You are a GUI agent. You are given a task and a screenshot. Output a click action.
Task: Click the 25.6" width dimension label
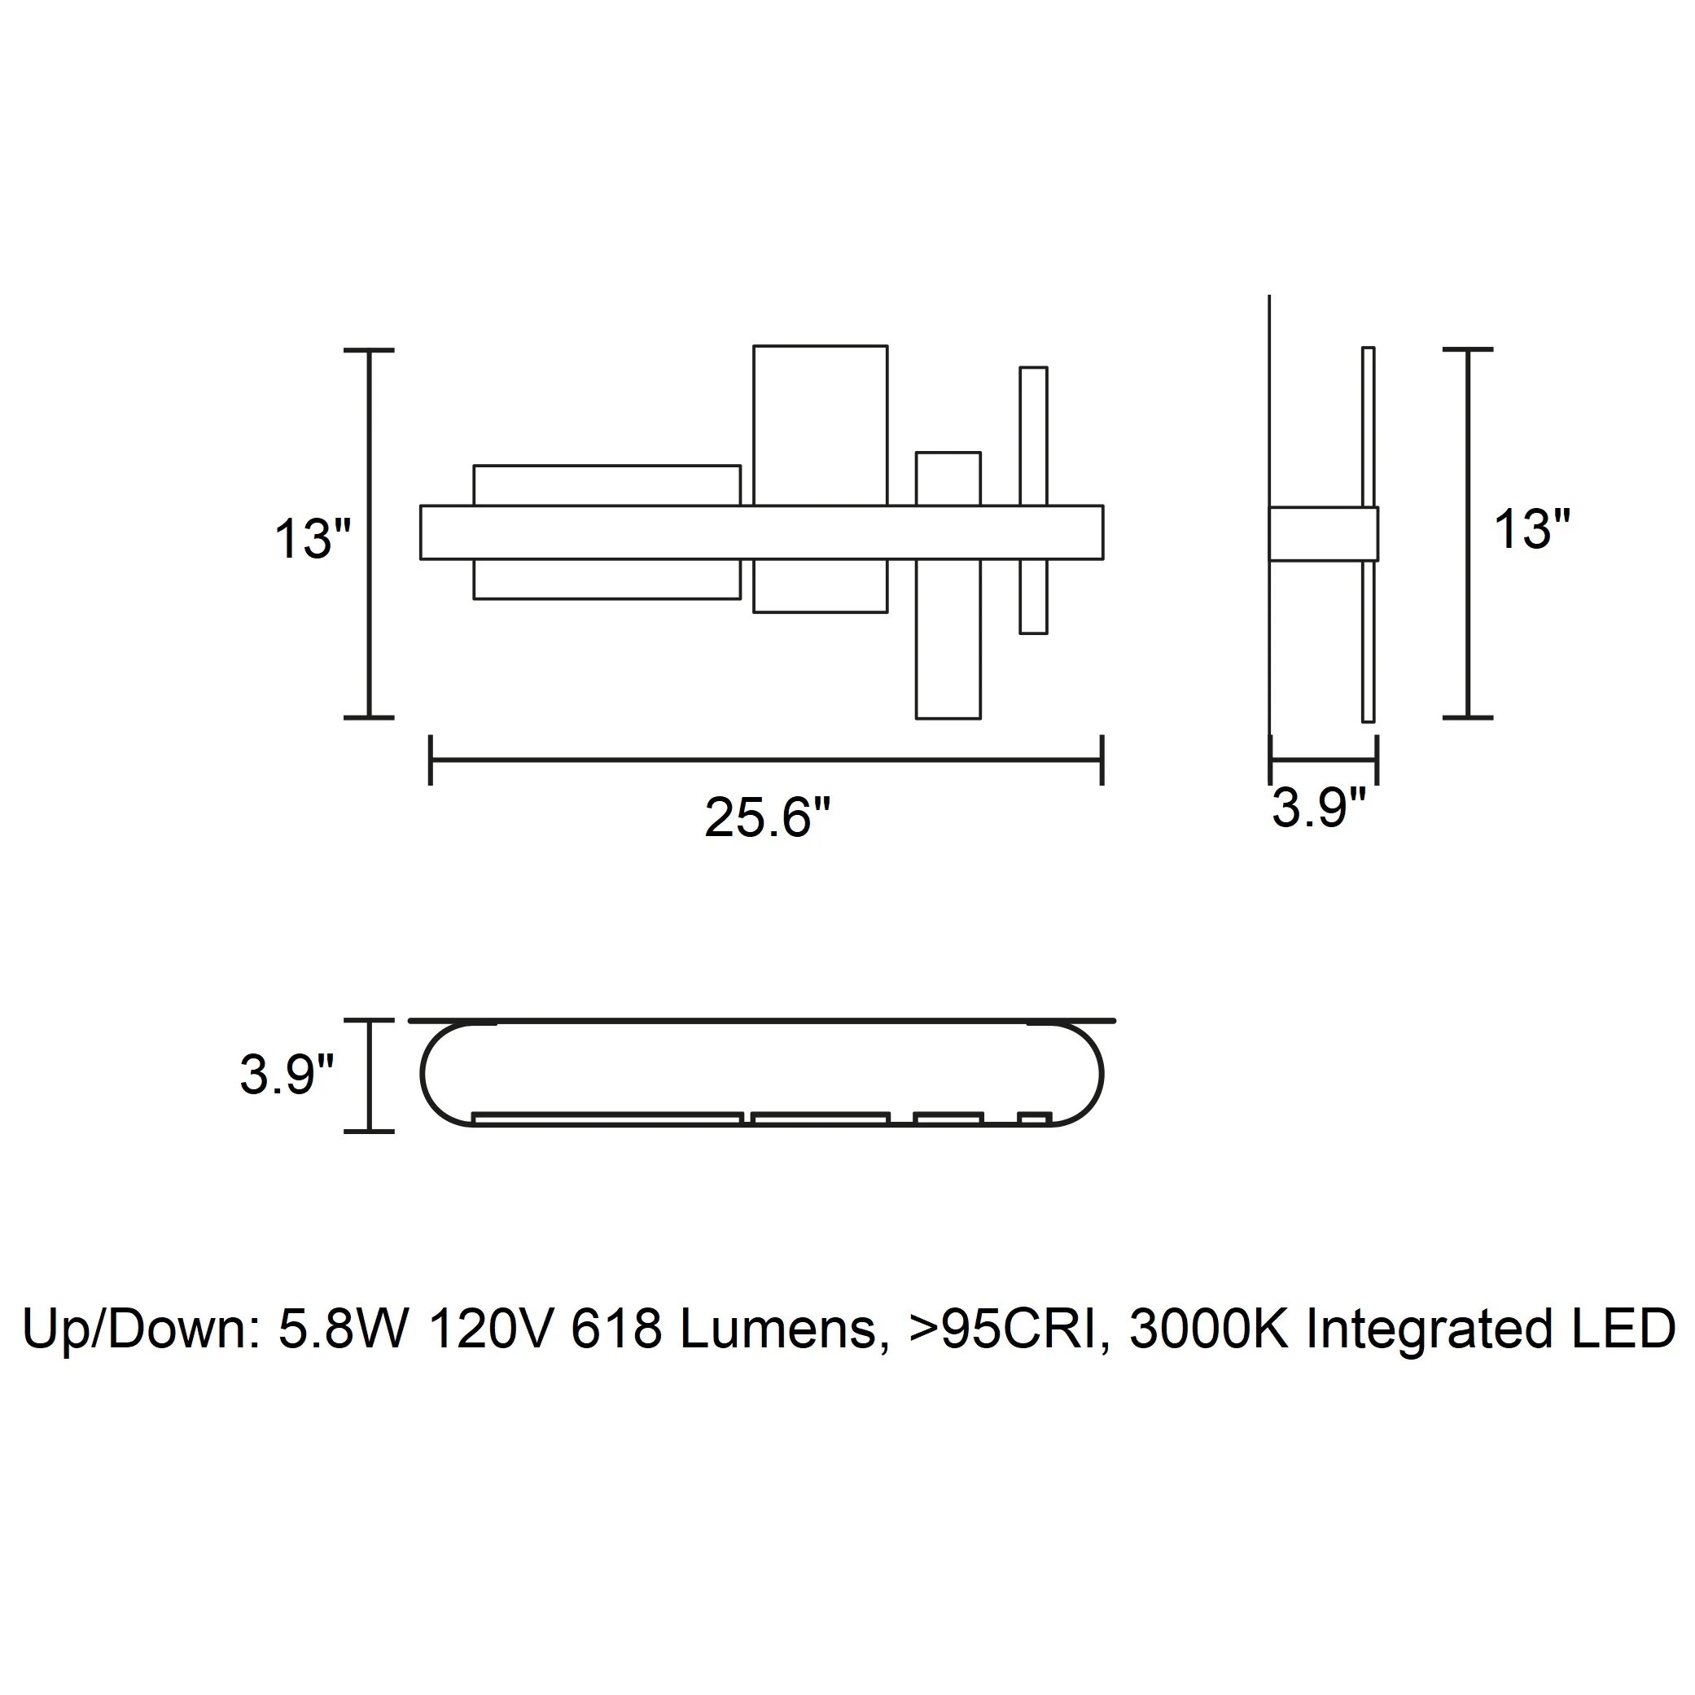coord(767,817)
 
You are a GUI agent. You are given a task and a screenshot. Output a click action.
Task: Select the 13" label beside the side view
coord(1531,529)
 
